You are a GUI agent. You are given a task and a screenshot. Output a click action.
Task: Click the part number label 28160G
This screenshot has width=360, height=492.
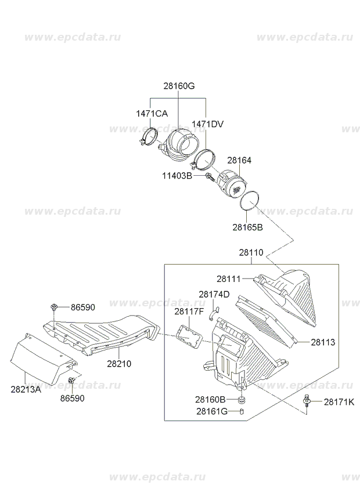pos(178,86)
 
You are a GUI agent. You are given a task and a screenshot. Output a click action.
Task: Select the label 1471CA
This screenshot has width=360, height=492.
pos(152,114)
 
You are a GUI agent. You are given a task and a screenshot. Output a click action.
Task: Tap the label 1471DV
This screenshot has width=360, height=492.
pos(207,124)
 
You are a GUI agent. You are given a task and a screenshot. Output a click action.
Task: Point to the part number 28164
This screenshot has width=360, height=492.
pos(239,160)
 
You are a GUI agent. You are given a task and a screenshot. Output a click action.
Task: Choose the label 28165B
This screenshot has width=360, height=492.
pos(247,227)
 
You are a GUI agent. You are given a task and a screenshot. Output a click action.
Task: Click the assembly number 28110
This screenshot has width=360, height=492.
pos(251,253)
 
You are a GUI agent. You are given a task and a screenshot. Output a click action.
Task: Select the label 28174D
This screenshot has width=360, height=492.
pos(214,294)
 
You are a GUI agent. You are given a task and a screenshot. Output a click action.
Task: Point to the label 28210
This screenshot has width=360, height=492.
pos(119,364)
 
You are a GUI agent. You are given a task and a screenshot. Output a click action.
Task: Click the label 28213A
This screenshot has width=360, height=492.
pos(26,390)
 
